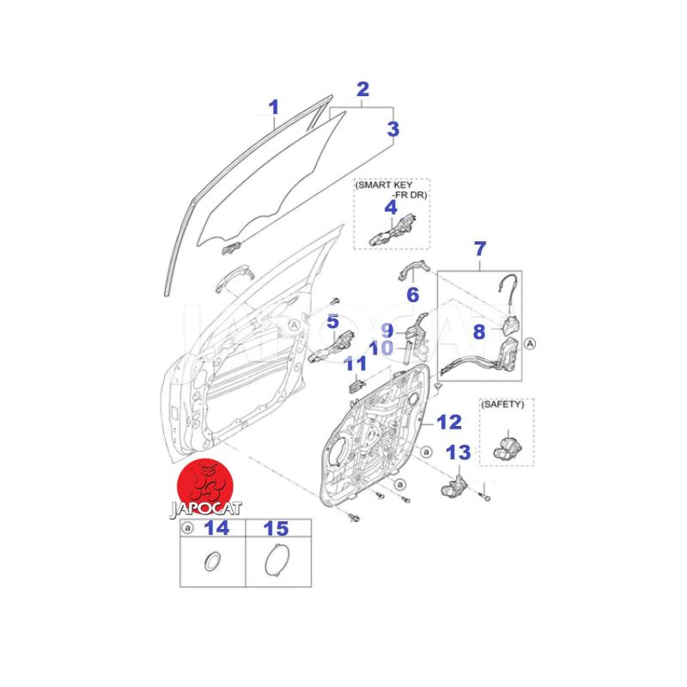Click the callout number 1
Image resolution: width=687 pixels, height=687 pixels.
[x=273, y=107]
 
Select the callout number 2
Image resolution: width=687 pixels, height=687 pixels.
[x=362, y=89]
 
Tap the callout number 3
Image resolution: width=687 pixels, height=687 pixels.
[x=393, y=130]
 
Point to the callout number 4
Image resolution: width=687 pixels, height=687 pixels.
[x=391, y=207]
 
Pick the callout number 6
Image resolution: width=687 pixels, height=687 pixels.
[x=413, y=295]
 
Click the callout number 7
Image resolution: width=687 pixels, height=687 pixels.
[x=480, y=249]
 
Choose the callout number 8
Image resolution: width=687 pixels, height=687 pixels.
[x=479, y=331]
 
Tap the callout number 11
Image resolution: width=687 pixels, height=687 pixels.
[x=356, y=363]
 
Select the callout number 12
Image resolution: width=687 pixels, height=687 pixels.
[x=449, y=423]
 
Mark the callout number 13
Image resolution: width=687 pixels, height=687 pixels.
[x=459, y=453]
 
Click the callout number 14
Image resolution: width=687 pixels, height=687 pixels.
[x=217, y=528]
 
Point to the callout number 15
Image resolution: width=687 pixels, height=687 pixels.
[x=276, y=528]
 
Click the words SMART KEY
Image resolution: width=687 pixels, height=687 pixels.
[x=385, y=185]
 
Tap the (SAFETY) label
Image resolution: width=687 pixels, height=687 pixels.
[x=502, y=404]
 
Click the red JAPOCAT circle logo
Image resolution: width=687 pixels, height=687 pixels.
[x=204, y=487]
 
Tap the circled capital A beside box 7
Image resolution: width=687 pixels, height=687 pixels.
[x=530, y=344]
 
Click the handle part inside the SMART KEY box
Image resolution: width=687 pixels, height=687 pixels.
[x=392, y=230]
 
